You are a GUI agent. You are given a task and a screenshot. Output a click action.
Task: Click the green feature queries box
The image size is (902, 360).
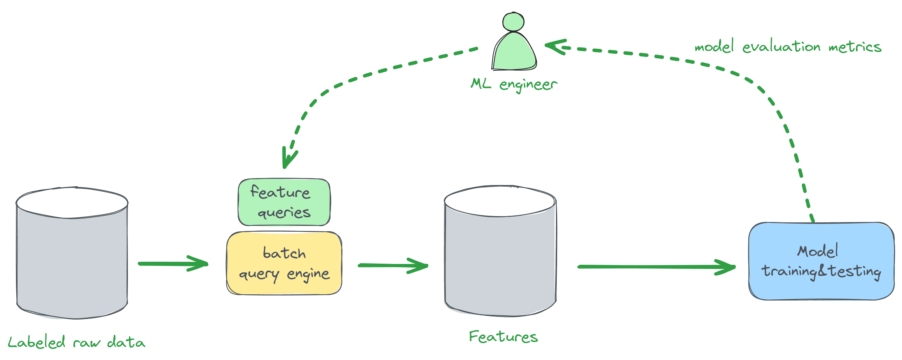284,202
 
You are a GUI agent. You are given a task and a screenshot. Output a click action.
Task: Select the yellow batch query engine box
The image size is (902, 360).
284,263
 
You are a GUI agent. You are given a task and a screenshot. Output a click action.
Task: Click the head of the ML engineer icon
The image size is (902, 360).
514,22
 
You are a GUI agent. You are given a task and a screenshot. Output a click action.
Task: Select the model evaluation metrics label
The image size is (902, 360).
788,47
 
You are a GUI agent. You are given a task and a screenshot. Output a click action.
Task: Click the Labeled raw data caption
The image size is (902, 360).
76,343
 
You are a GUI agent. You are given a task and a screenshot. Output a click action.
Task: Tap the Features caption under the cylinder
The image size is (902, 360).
503,337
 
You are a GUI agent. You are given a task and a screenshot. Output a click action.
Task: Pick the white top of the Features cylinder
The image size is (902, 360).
500,201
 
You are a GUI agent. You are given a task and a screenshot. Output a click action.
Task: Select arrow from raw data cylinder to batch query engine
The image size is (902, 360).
173,264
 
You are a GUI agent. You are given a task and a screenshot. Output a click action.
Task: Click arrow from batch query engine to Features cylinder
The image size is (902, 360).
393,266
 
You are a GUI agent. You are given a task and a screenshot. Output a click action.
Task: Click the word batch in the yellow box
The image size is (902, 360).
284,253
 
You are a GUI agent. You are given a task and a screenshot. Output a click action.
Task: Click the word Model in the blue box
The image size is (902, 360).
818,251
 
